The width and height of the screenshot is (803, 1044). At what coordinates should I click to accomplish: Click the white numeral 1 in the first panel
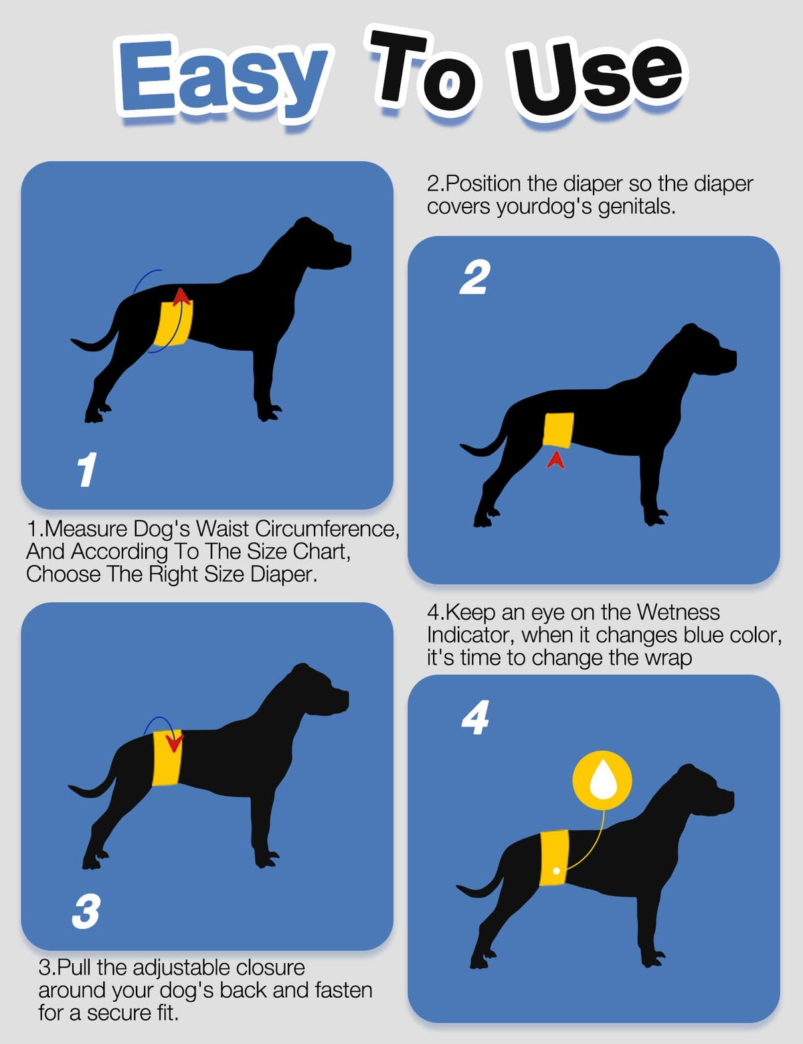click(87, 469)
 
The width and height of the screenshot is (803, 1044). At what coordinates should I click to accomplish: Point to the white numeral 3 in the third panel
click(86, 911)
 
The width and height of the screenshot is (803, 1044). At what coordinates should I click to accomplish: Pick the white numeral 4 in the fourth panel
click(475, 717)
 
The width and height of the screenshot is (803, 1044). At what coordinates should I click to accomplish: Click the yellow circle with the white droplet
click(602, 780)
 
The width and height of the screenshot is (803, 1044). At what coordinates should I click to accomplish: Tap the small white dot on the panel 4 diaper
click(556, 871)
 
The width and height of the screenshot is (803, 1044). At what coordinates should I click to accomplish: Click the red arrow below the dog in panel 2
click(556, 459)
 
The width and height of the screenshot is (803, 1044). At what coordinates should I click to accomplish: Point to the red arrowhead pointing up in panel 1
click(181, 296)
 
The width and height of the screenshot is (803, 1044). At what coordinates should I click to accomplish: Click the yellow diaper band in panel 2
click(558, 430)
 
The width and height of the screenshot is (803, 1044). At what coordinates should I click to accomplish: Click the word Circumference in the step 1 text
click(327, 529)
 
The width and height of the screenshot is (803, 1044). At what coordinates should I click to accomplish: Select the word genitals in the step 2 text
click(636, 207)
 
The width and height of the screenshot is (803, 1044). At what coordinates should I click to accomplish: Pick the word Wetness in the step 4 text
click(678, 612)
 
